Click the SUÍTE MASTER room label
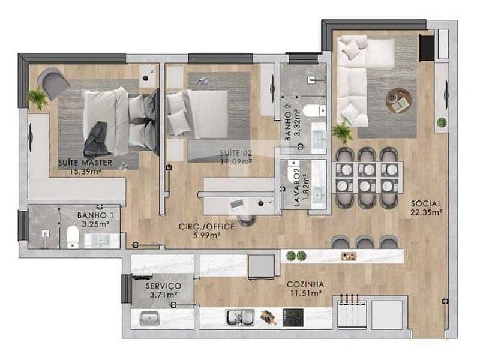(85, 163)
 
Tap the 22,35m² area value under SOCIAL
(426, 212)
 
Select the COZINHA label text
(305, 284)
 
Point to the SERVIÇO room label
(163, 286)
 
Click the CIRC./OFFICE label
(206, 226)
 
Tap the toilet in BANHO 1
(73, 238)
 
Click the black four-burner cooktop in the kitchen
(293, 318)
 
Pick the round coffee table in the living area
(398, 100)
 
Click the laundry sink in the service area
(149, 319)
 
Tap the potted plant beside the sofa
(342, 133)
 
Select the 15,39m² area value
(85, 172)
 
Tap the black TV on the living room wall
(427, 48)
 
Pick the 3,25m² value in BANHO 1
(95, 224)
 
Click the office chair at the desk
(247, 220)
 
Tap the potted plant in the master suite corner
(38, 98)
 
